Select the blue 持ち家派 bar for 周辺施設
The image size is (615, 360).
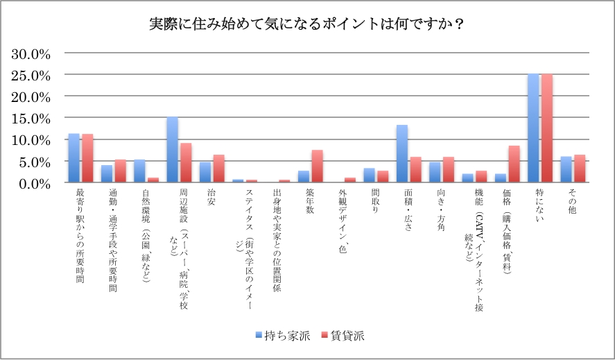pos(172,150)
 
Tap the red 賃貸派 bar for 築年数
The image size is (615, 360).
pos(317,166)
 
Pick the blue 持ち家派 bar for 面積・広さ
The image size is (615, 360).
pos(401,154)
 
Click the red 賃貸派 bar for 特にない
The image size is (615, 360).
pos(546,128)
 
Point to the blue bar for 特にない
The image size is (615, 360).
pos(532,128)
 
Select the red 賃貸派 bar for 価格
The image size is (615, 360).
pos(514,164)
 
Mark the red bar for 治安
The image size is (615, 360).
pos(218,169)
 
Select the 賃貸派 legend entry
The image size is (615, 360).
pos(342,336)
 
